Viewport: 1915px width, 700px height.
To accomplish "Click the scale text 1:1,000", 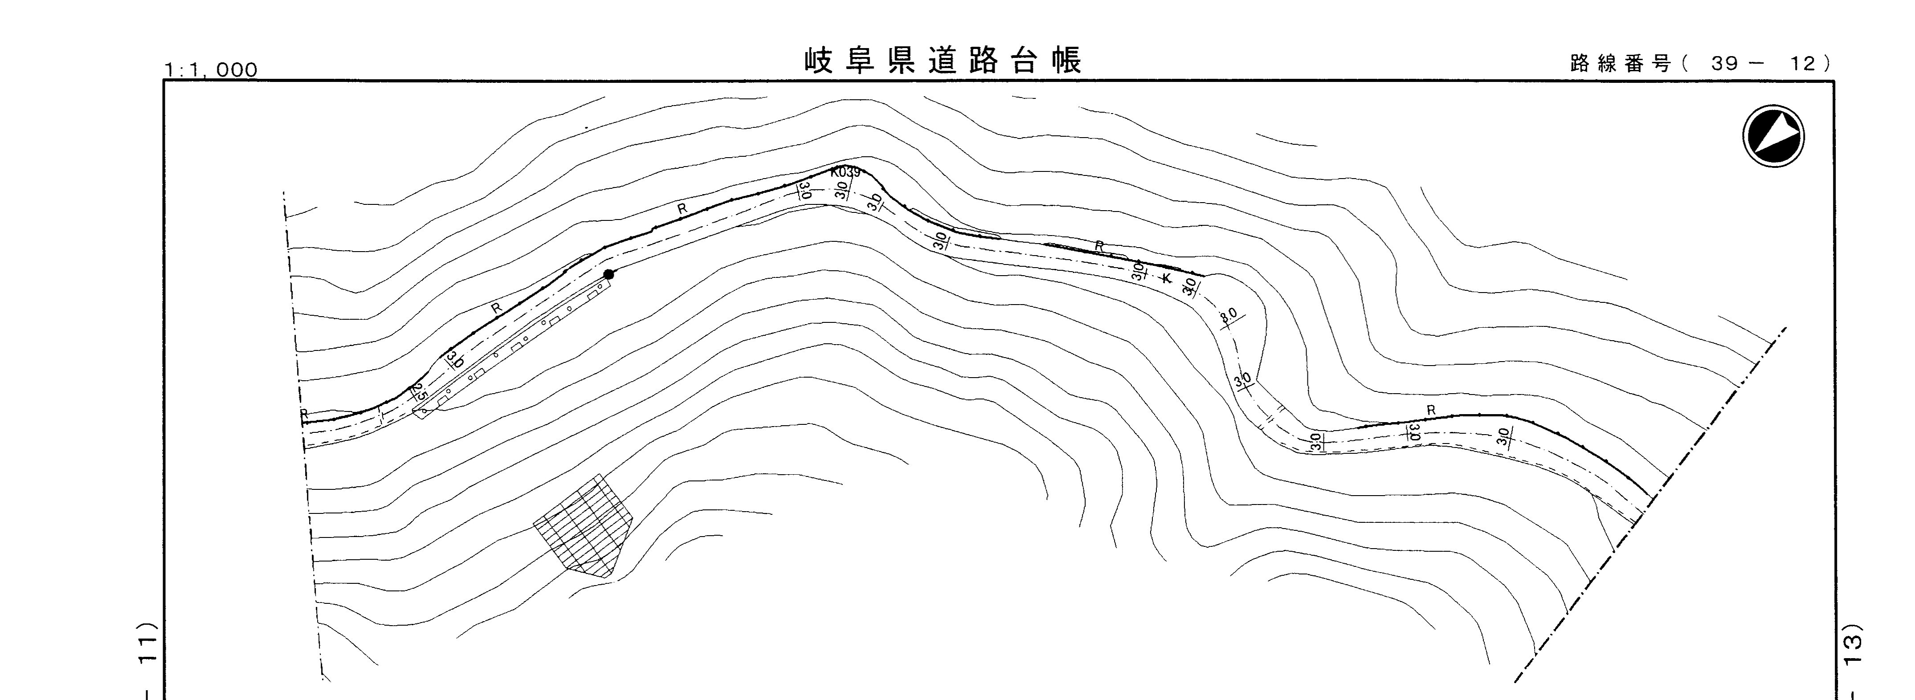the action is click(x=211, y=70).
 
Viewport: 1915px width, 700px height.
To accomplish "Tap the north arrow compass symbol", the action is click(x=1773, y=136).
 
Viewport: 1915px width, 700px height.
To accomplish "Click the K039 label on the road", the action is click(x=845, y=172).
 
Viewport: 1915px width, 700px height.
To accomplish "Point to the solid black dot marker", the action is click(x=609, y=274).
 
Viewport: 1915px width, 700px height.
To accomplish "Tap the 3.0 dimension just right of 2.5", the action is click(x=455, y=360).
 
